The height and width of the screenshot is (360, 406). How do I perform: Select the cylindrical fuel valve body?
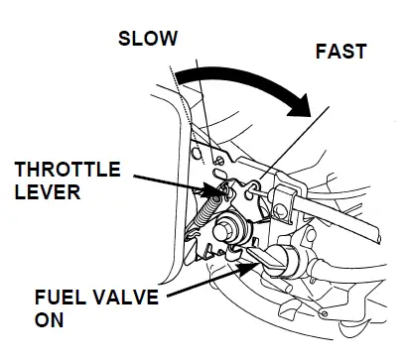click(294, 266)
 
